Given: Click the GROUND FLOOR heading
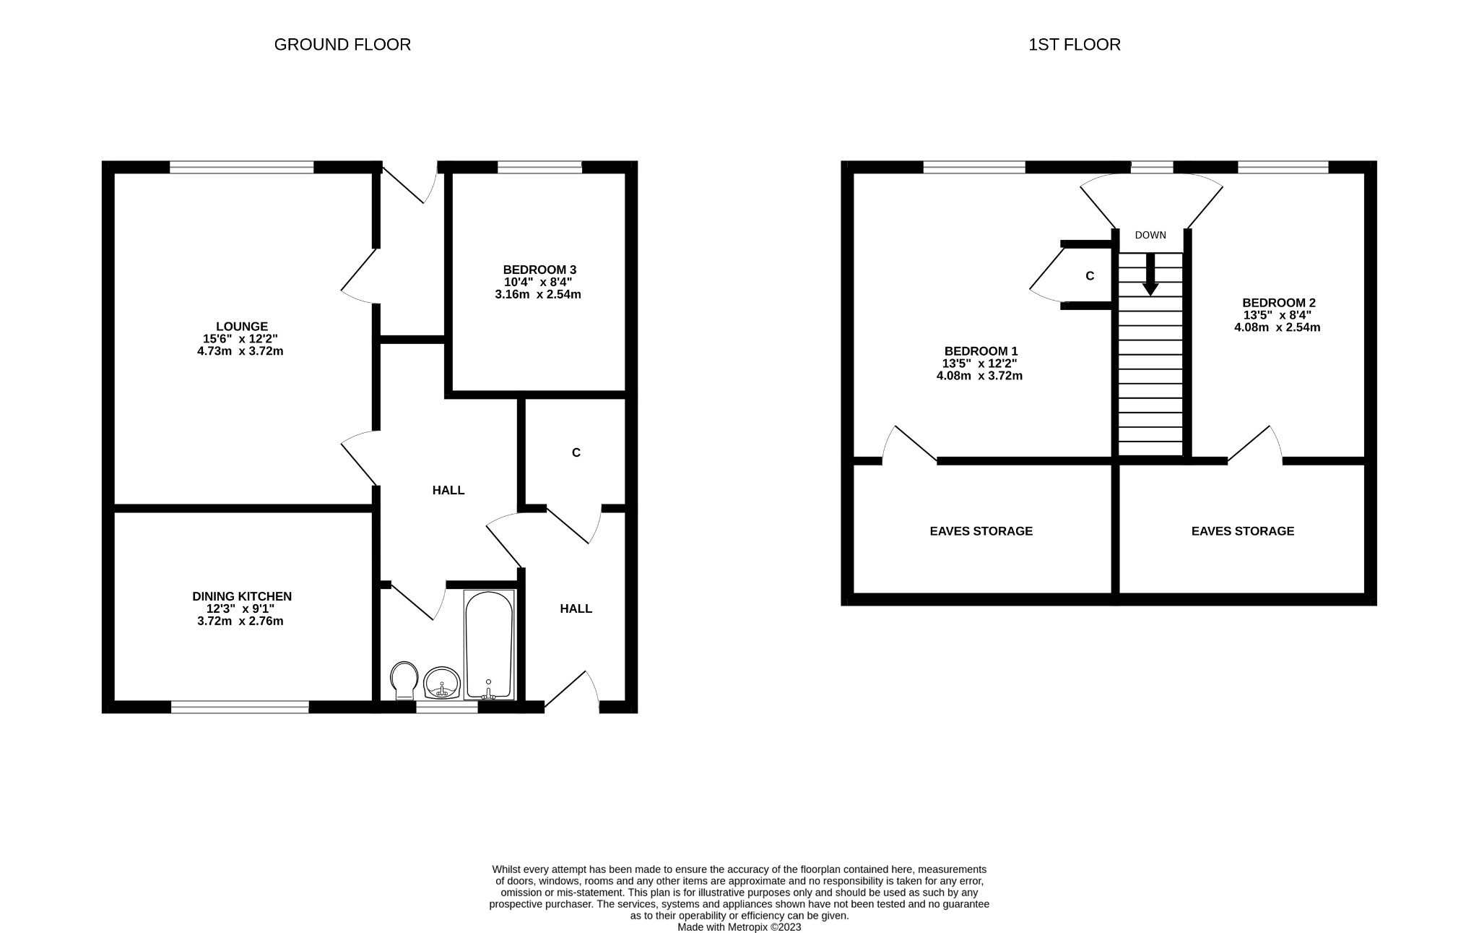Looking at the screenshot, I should click(342, 45).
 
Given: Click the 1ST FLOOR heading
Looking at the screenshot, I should click(1074, 45).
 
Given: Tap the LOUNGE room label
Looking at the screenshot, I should click(241, 327).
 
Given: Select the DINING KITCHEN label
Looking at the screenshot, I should click(241, 596).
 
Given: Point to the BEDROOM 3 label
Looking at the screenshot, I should click(539, 270).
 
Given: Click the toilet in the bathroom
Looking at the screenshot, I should click(404, 680).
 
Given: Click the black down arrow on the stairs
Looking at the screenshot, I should click(1150, 275).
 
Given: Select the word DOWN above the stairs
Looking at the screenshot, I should click(1150, 235).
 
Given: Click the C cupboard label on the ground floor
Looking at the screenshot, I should click(576, 453).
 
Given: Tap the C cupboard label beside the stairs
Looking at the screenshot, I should click(1090, 276).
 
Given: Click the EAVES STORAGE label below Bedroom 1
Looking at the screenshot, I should click(981, 531).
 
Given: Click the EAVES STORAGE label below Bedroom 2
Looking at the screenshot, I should click(1242, 531).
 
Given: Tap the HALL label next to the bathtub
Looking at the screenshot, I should click(576, 609).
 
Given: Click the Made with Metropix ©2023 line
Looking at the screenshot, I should click(739, 927).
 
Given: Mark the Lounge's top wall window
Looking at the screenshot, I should click(241, 168).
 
